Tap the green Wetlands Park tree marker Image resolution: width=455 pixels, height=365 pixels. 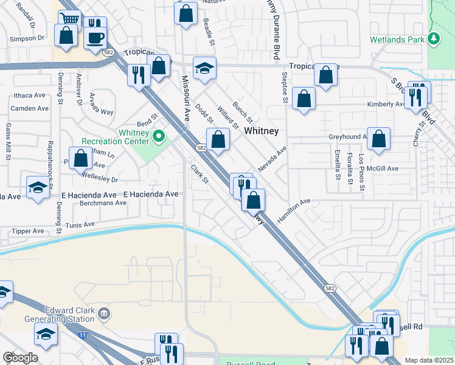coord(433,38)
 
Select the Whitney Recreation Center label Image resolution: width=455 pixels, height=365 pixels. coord(115,137)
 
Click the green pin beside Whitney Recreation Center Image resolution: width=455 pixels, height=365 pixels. coord(159,136)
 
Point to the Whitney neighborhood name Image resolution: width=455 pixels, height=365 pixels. coord(261,131)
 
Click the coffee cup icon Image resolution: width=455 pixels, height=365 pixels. coord(94,38)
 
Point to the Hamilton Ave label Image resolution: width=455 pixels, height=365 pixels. coord(294,210)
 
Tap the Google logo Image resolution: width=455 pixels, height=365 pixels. coord(20,358)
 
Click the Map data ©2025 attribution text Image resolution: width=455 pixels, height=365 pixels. coord(429,360)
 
